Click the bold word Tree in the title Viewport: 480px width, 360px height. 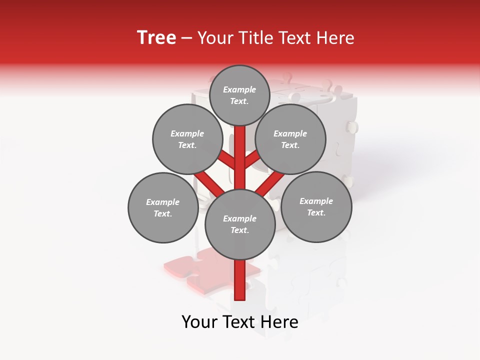[x=156, y=37]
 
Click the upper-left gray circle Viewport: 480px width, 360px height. [x=187, y=139]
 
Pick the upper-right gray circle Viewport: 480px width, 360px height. [x=290, y=139]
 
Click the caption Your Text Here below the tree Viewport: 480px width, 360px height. [x=239, y=322]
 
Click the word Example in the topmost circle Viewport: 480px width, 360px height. [x=239, y=90]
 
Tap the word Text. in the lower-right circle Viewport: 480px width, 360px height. [x=316, y=213]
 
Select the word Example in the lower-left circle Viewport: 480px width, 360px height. [x=162, y=202]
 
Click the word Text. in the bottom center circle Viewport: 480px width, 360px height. [x=239, y=230]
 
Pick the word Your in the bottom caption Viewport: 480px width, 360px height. [x=199, y=322]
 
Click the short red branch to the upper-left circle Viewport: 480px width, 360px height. [x=226, y=159]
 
